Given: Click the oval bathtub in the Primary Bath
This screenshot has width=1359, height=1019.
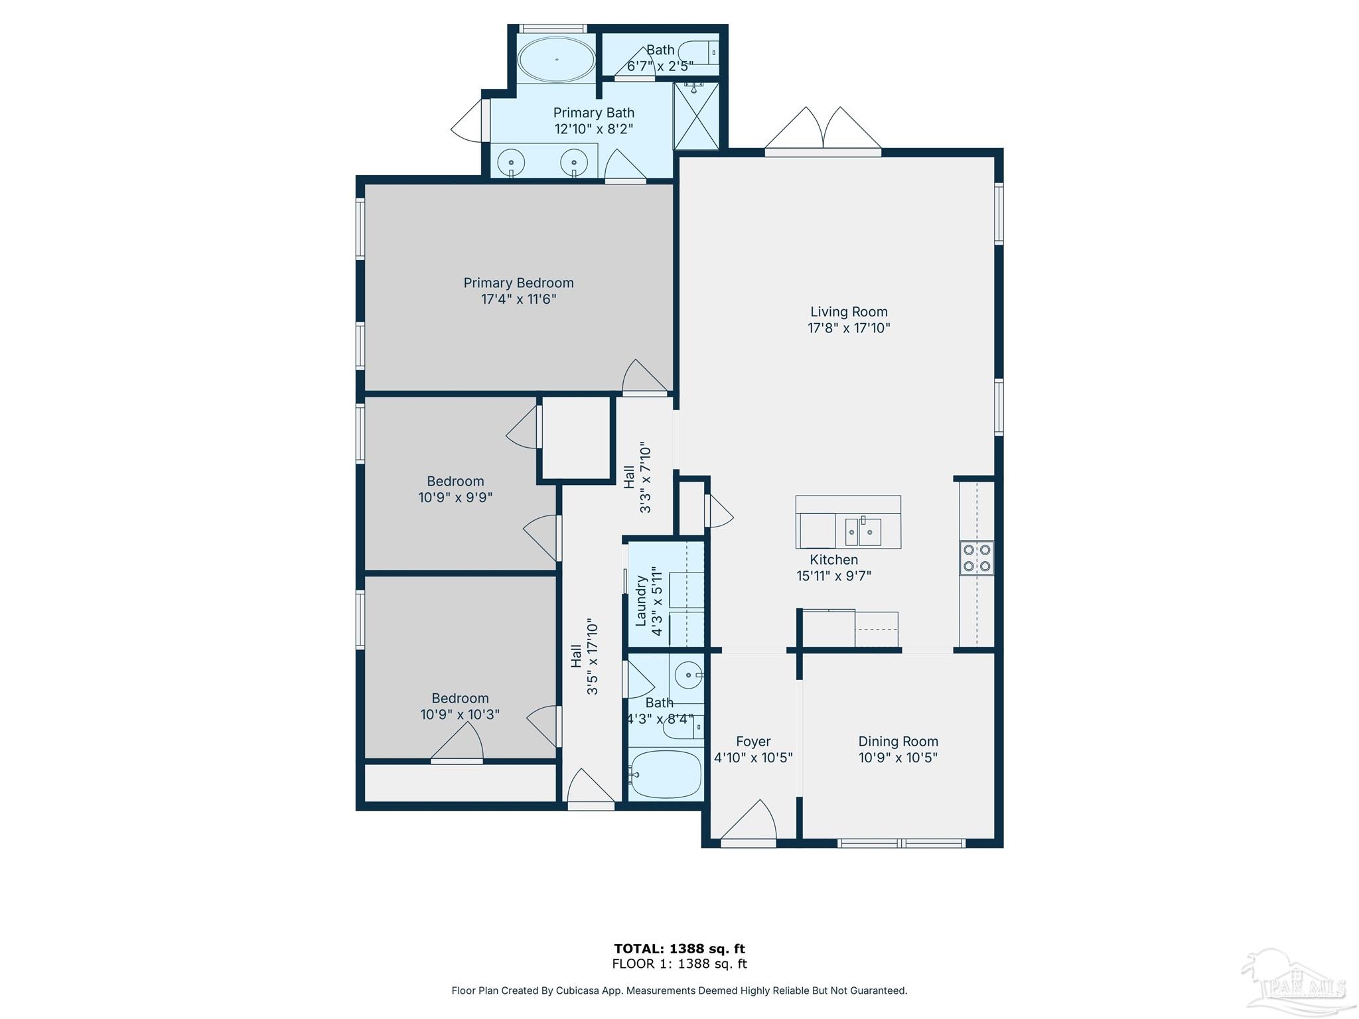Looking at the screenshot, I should [556, 60].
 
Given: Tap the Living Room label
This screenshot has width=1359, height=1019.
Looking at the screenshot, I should [849, 312].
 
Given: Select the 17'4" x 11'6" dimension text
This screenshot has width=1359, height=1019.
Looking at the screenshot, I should [518, 299].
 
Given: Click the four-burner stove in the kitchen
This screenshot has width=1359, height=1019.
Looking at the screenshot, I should [977, 558].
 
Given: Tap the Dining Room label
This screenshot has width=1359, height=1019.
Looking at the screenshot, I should [898, 742].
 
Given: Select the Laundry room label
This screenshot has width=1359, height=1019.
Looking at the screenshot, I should [641, 600].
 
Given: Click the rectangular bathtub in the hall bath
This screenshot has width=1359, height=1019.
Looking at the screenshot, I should [666, 774].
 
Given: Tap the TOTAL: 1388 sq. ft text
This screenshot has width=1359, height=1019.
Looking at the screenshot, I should [679, 949].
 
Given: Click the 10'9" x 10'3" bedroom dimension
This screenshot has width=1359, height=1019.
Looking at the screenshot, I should [460, 714].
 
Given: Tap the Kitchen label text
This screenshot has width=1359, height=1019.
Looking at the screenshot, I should [833, 560].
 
